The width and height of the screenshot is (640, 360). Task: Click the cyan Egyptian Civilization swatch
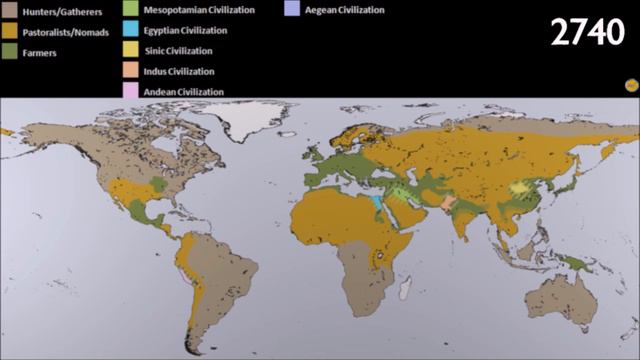(x=132, y=31)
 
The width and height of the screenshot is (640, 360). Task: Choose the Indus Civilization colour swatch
(x=132, y=71)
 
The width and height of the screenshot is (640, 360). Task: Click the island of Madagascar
(x=404, y=287)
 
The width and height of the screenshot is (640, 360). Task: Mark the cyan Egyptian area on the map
(x=374, y=206)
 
